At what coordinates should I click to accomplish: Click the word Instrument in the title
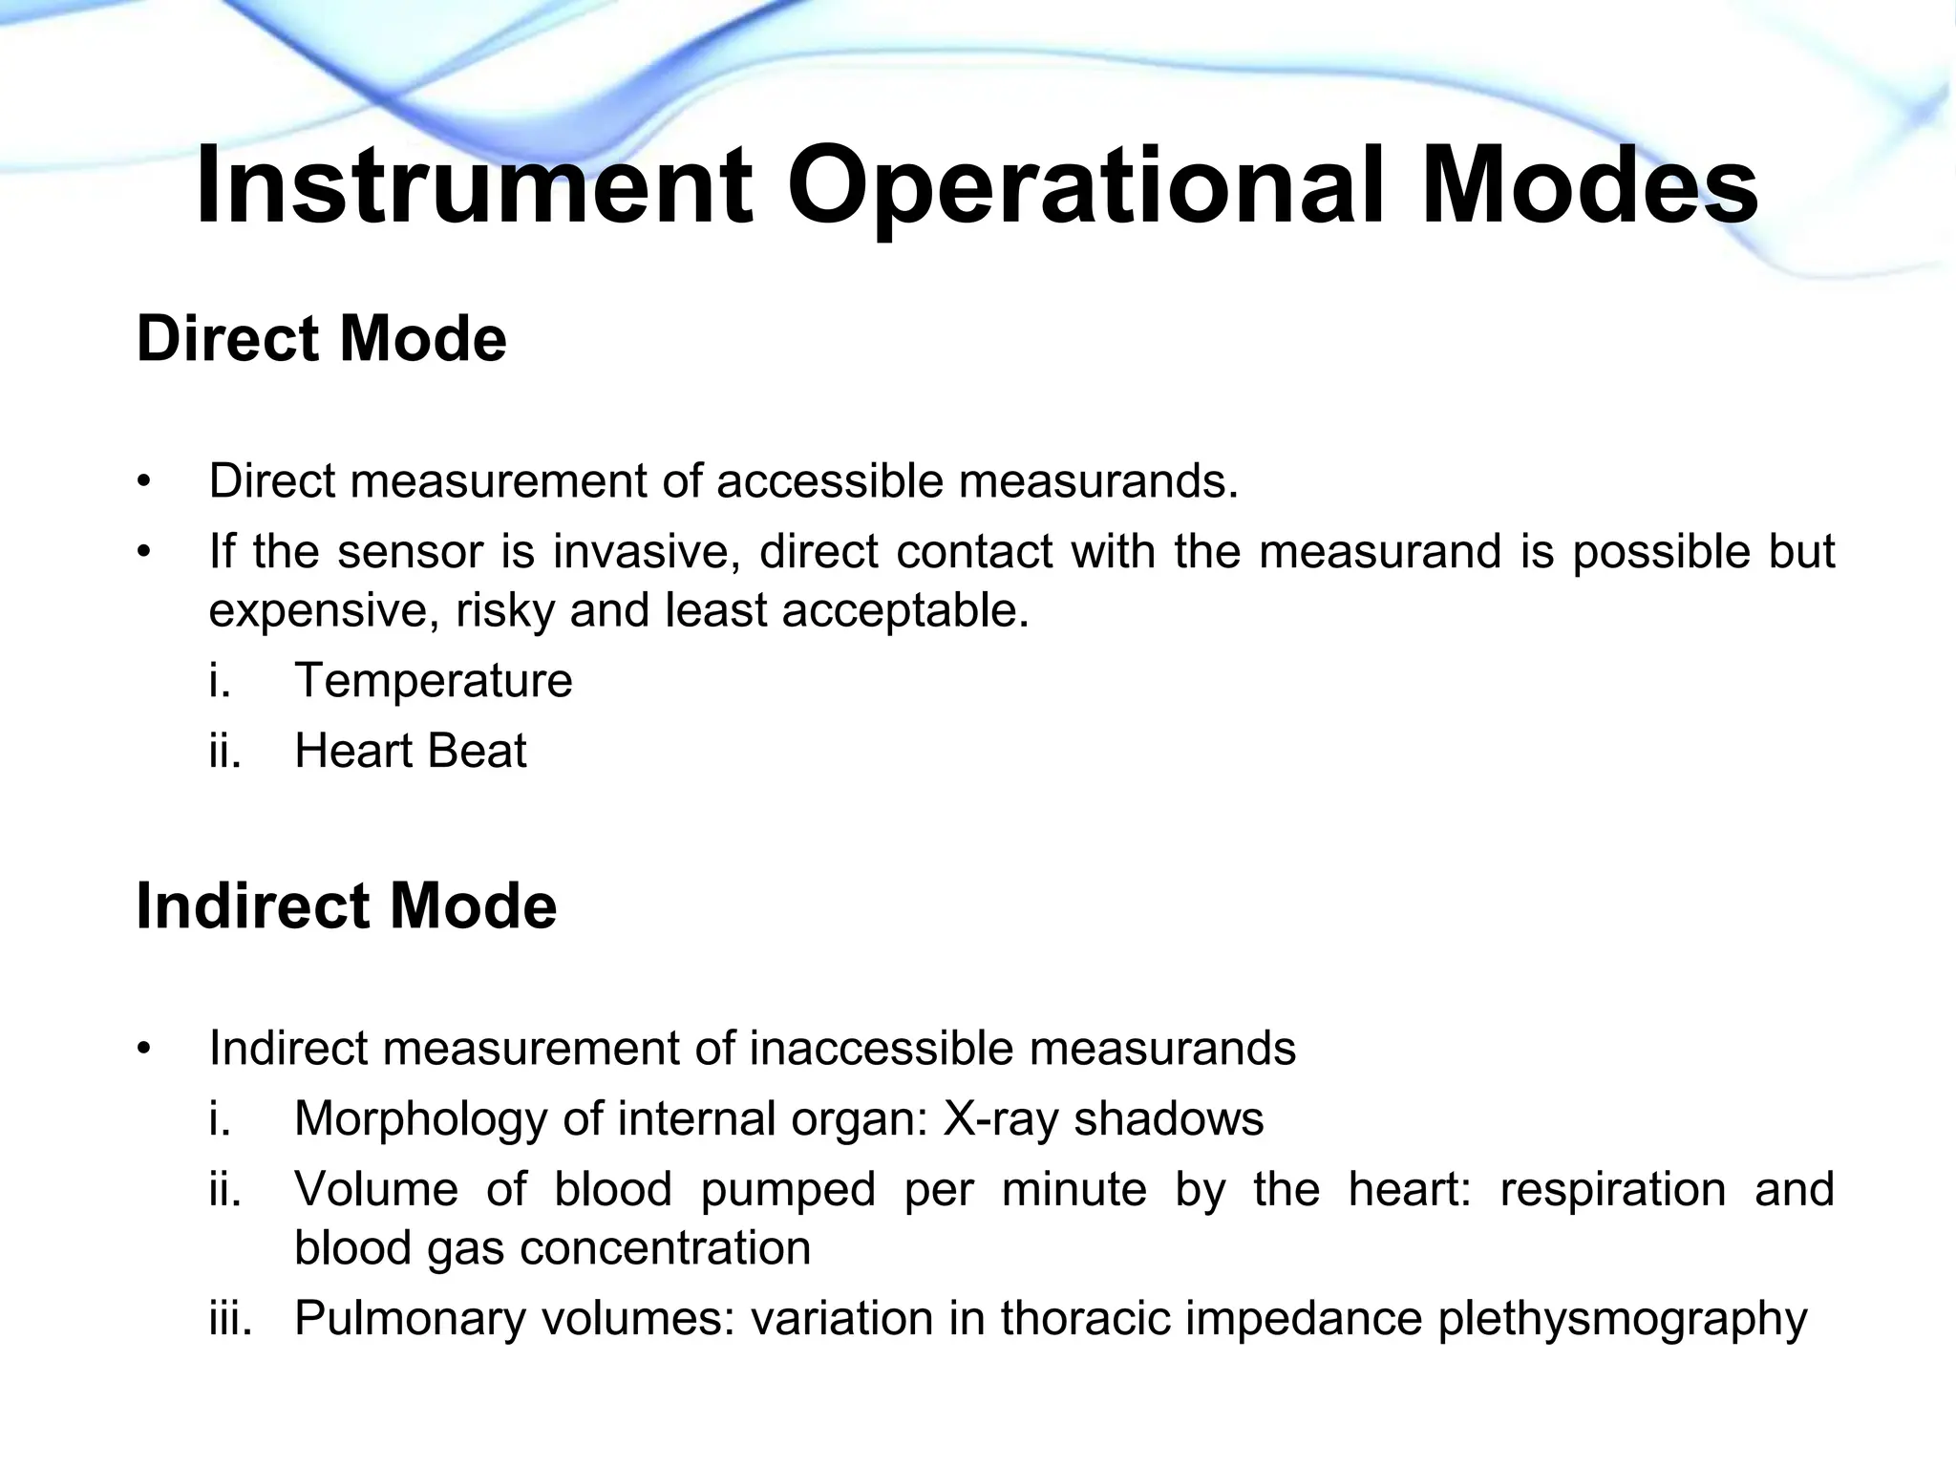click(474, 186)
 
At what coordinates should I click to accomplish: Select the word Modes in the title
click(1588, 186)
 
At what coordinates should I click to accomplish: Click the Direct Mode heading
click(322, 339)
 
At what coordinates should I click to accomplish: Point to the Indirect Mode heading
click(347, 905)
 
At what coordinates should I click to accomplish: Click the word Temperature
click(434, 681)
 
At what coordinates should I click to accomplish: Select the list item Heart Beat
click(411, 751)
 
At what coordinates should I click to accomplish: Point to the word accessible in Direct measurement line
click(830, 480)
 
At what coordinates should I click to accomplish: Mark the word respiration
click(1613, 1190)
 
